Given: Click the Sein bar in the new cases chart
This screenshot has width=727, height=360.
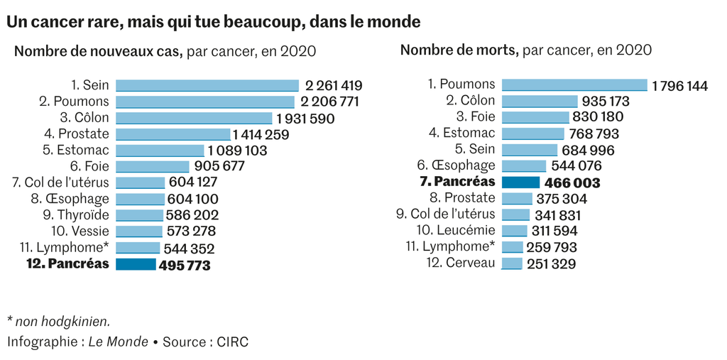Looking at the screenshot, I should pos(207,85).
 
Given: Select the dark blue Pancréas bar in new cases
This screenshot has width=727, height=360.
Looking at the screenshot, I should pos(135,264).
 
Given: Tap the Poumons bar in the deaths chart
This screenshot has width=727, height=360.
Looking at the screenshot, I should pos(574,85).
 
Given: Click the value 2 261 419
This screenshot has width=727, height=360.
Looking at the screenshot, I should pos(334,86).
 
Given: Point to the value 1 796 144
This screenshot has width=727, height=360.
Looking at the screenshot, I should pos(679,86).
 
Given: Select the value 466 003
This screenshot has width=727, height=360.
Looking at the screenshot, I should pos(572,183).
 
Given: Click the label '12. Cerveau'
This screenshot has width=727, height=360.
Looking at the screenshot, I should pos(461,263).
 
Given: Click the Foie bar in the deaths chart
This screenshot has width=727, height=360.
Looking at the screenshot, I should pos(535,117).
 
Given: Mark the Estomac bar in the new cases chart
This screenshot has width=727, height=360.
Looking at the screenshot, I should pos(160,150).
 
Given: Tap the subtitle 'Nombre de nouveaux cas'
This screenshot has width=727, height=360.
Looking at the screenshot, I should pos(99,51).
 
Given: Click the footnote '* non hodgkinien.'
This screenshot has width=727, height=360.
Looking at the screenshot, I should pos(58,321).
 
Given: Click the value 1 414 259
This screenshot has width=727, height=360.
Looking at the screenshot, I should pos(261,134).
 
